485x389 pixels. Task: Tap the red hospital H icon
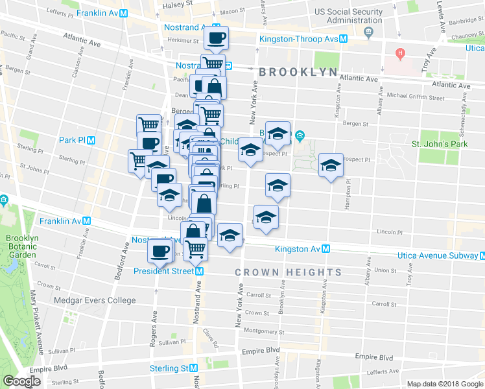point(401,52)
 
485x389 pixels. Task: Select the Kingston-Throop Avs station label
point(299,39)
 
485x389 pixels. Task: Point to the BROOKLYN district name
point(298,72)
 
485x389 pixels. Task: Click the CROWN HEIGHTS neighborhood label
point(288,273)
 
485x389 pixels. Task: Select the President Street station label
point(165,271)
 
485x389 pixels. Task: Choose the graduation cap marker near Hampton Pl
point(331,166)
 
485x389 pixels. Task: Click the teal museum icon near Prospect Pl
point(300,136)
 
